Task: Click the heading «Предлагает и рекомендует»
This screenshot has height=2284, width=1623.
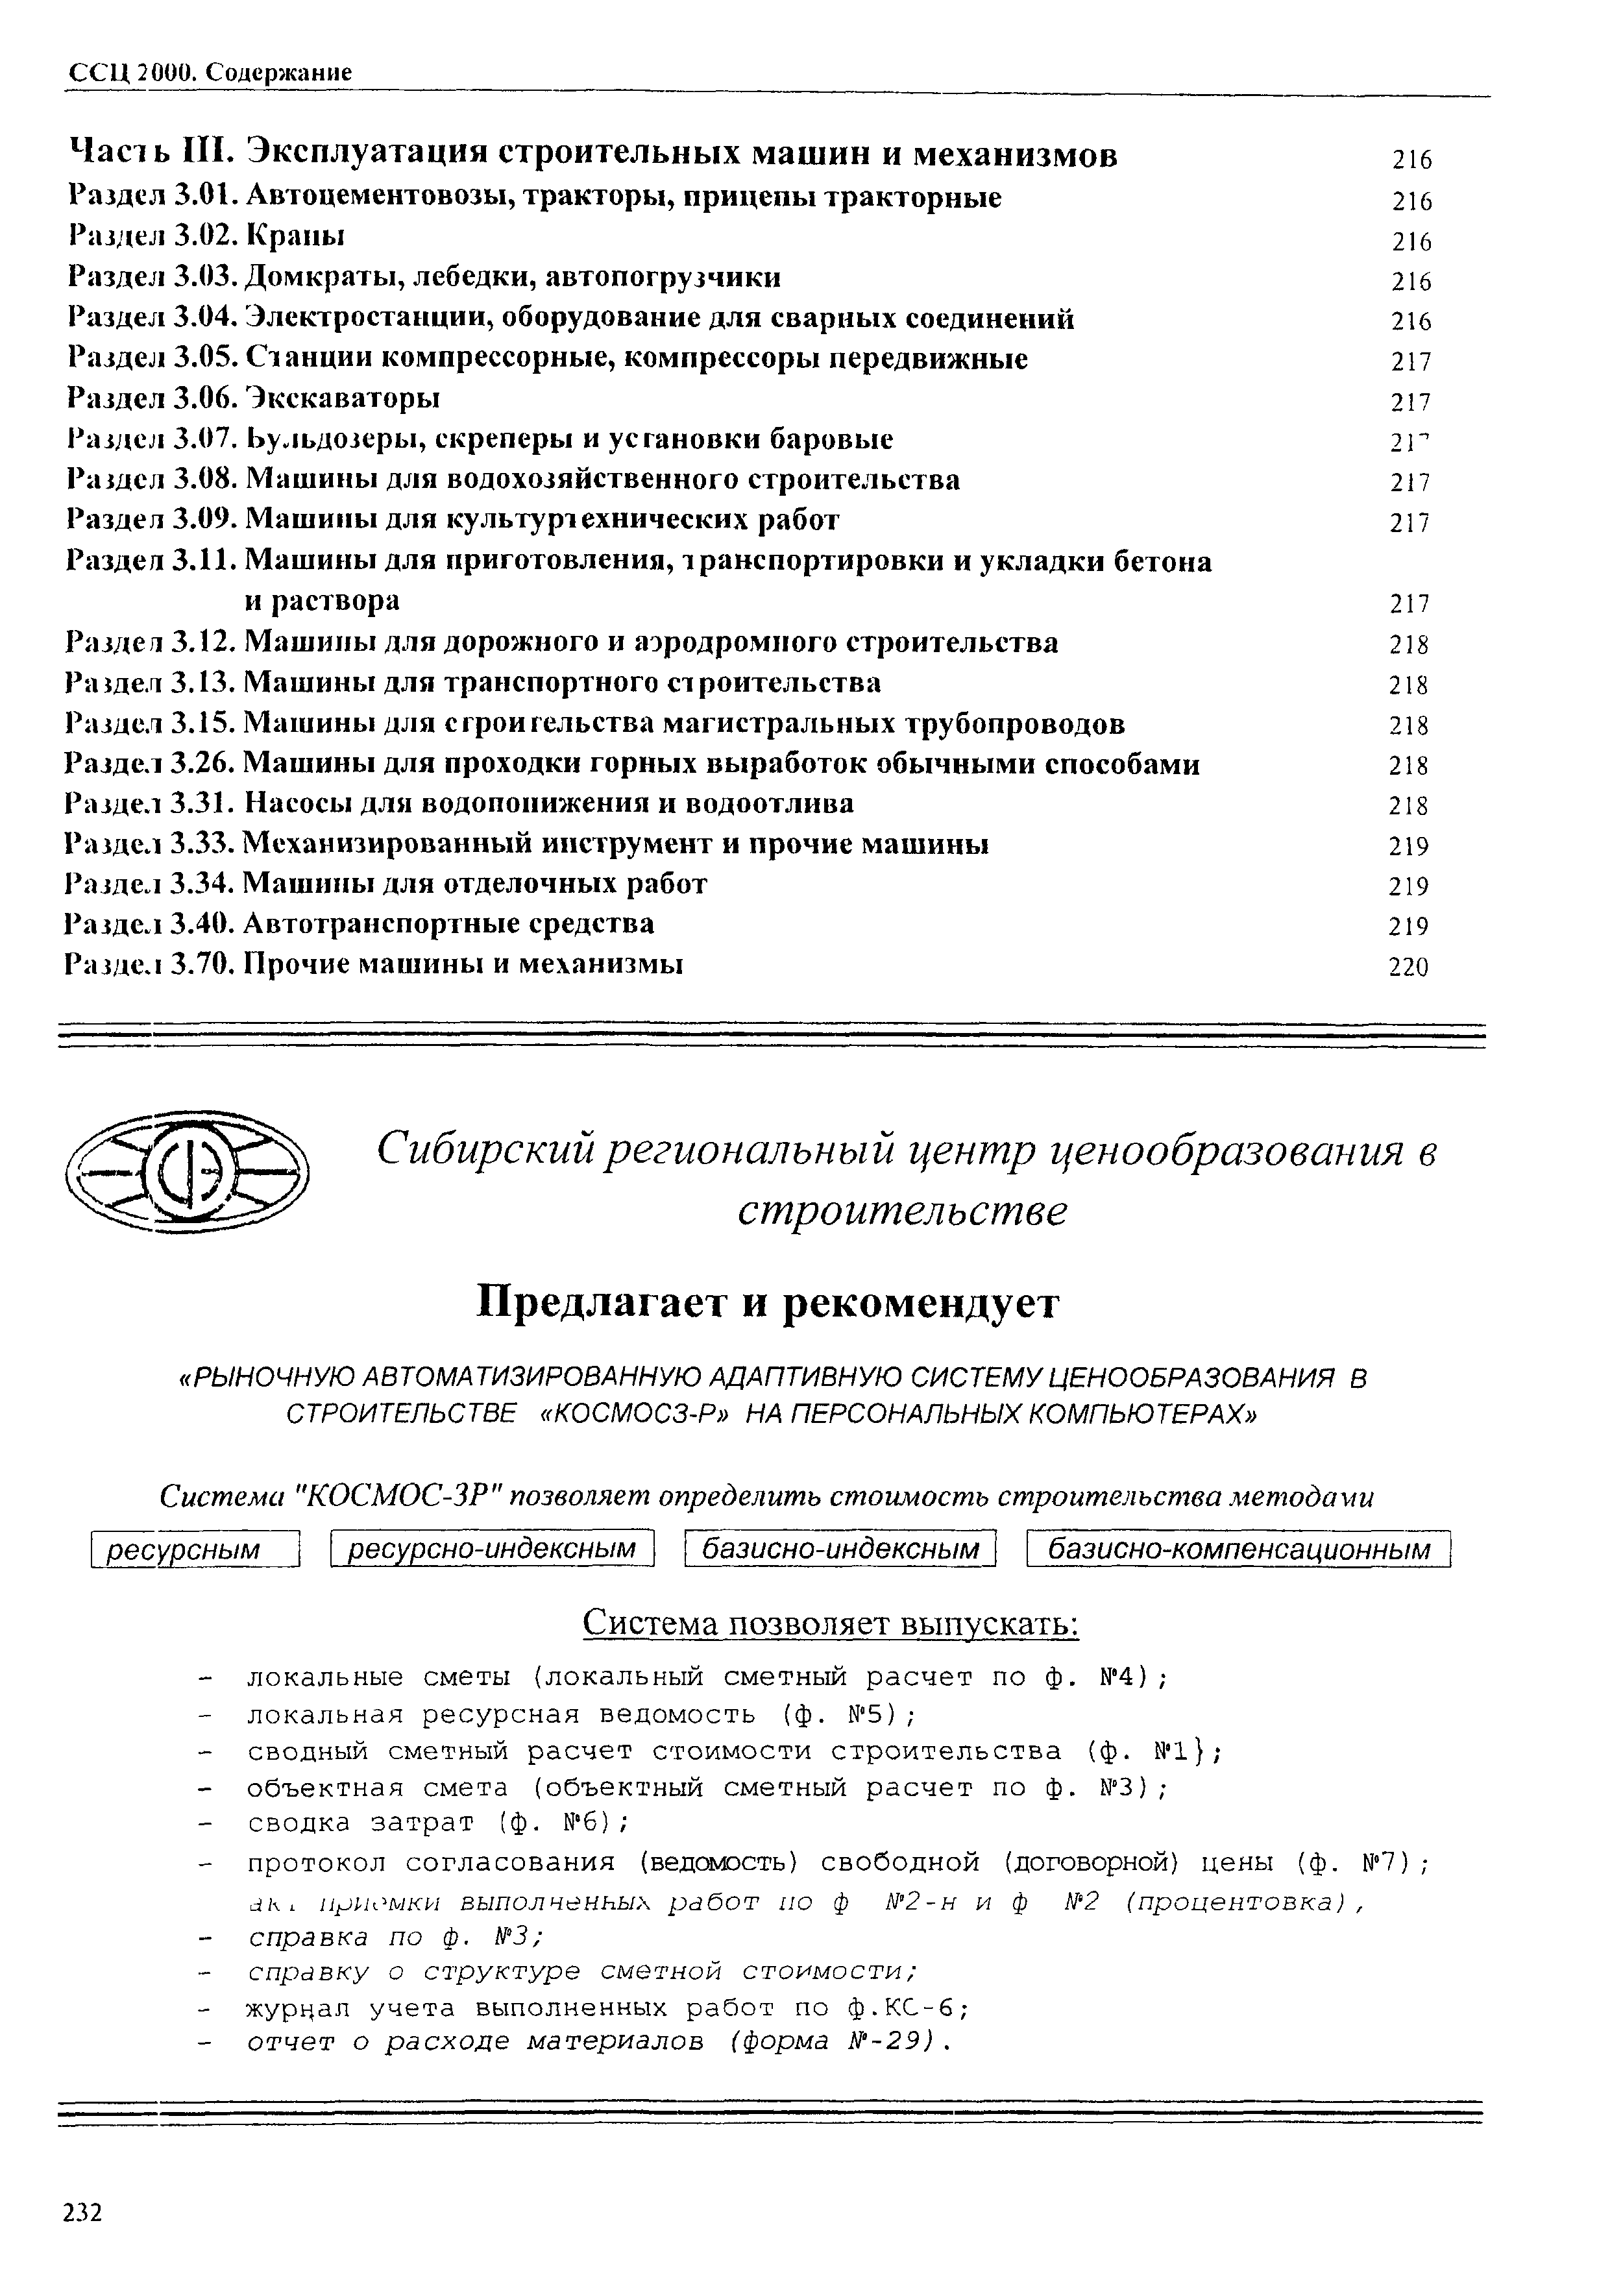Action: pyautogui.click(x=768, y=1303)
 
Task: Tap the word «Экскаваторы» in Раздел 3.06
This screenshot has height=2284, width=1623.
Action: pyautogui.click(x=342, y=398)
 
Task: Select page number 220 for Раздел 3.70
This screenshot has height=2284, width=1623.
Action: pyautogui.click(x=1408, y=967)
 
